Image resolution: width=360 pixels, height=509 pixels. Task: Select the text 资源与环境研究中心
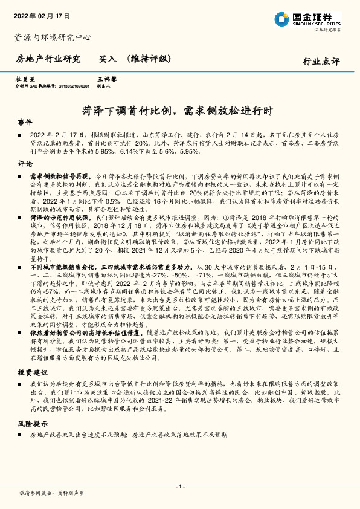[53, 37]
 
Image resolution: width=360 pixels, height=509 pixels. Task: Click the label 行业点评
[321, 61]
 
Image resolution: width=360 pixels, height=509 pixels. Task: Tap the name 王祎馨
[107, 79]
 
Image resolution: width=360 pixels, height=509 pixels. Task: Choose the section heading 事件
[25, 122]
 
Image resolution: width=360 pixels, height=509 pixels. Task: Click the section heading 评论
[25, 164]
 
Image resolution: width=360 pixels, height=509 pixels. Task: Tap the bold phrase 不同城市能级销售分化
[63, 265]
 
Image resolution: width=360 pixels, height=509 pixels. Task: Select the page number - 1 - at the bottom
[179, 486]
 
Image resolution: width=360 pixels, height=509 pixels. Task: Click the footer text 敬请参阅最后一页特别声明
[51, 493]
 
